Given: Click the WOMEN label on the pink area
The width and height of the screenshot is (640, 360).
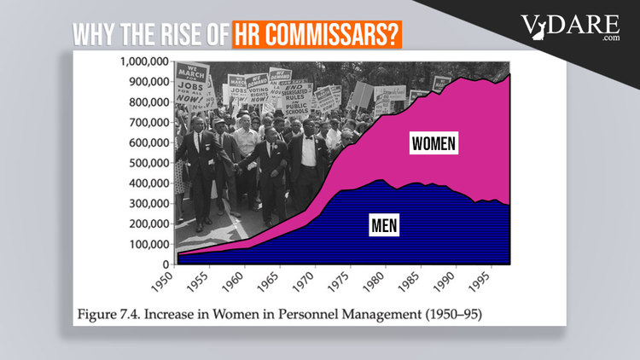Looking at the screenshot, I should [x=433, y=142].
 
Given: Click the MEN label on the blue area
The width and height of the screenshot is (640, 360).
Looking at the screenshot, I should [x=387, y=226].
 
